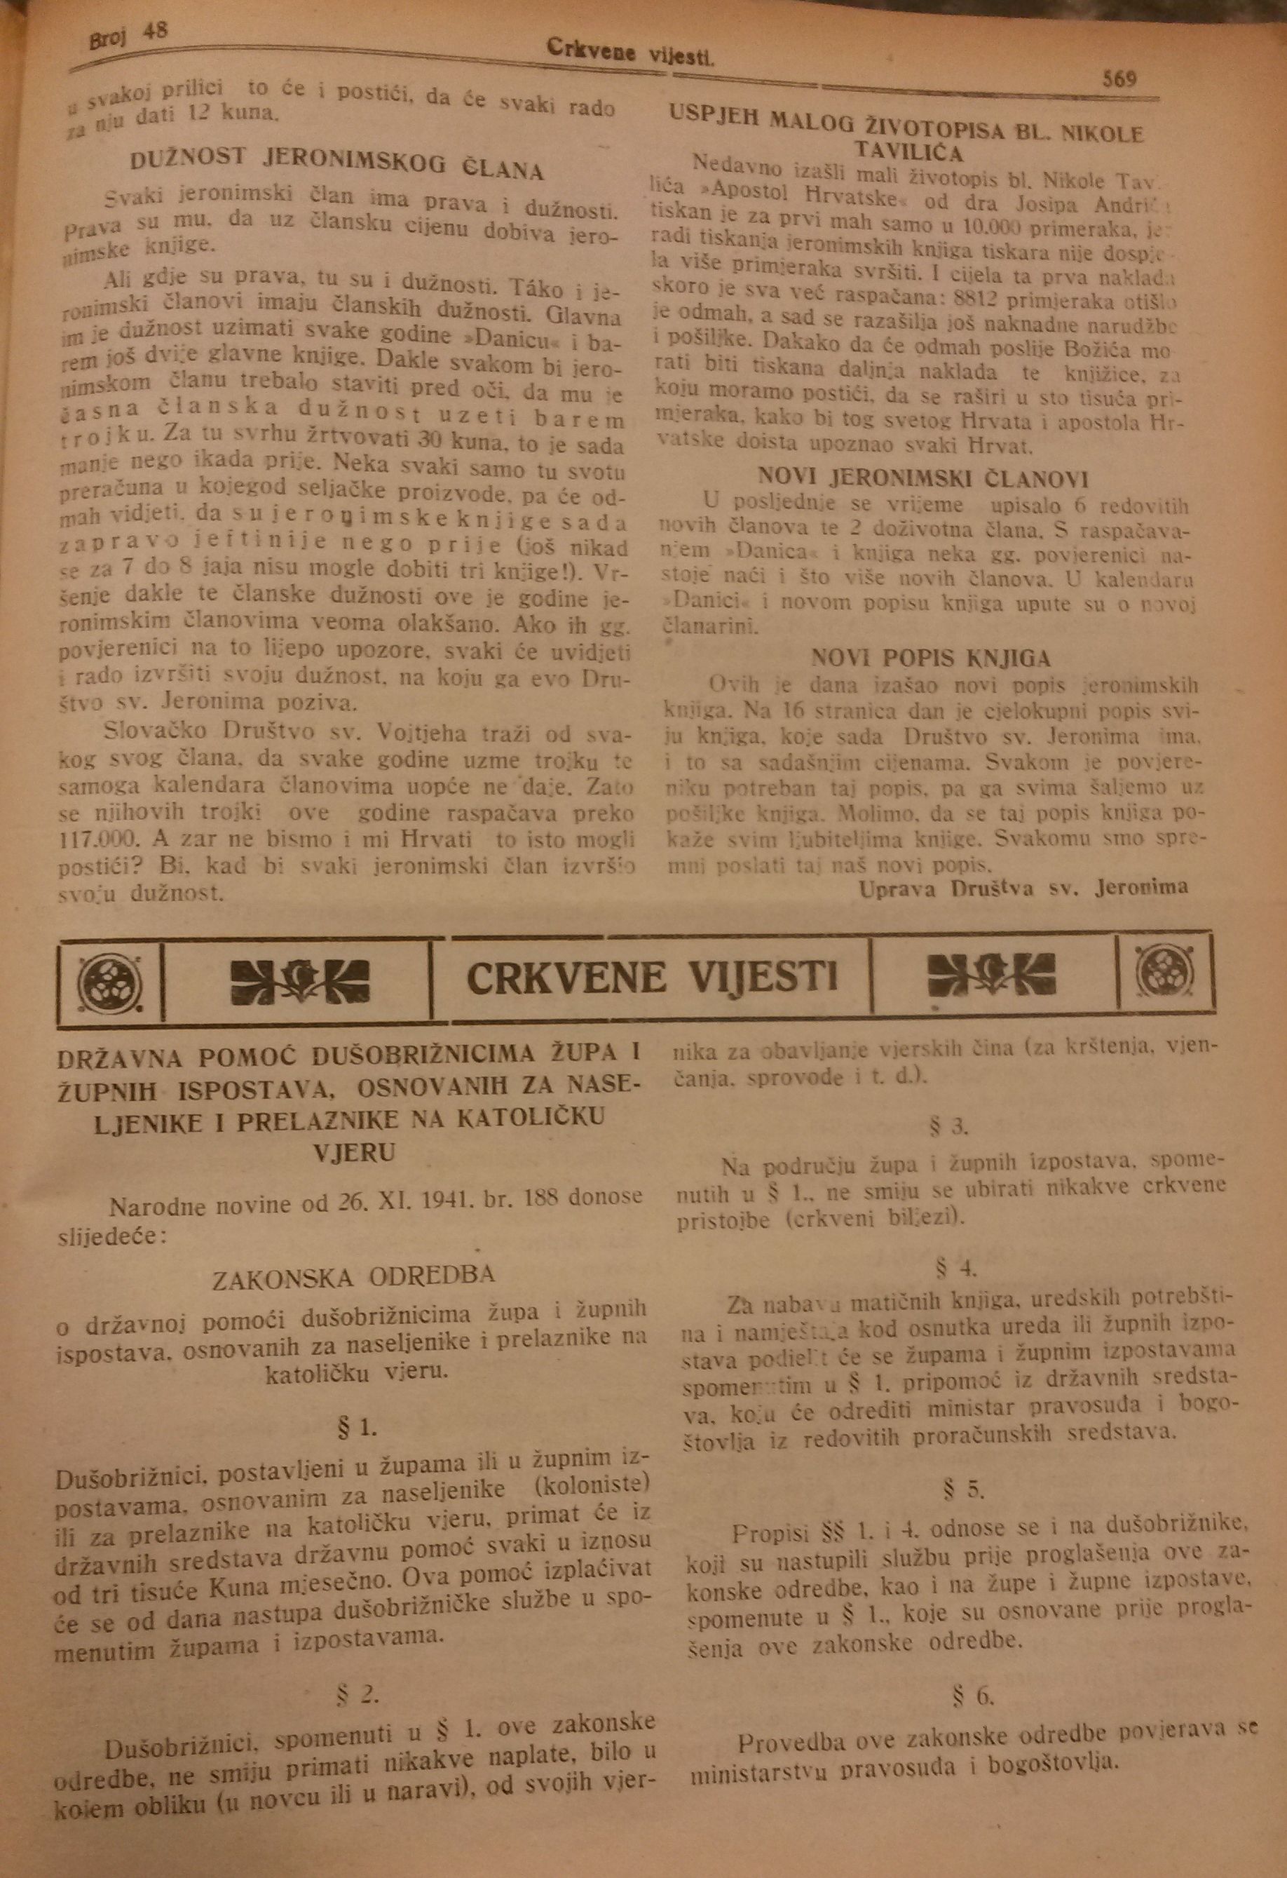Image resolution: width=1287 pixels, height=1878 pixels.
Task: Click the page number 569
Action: [1119, 79]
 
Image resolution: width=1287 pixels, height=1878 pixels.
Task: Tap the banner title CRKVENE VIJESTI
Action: [651, 978]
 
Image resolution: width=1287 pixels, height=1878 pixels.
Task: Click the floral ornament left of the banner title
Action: [298, 980]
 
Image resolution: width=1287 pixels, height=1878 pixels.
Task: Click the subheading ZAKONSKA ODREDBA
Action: [353, 1277]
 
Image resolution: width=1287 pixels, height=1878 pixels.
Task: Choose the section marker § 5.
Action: [962, 1489]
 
